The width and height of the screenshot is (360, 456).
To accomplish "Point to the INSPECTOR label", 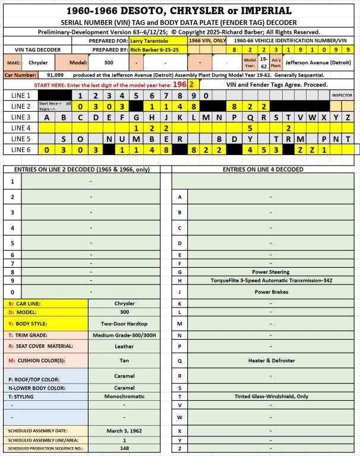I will (342, 95).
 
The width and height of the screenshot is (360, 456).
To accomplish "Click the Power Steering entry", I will (270, 271).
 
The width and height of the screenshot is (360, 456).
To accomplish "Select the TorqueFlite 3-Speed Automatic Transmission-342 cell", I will (270, 280).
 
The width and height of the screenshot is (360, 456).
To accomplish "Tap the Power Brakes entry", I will (270, 292).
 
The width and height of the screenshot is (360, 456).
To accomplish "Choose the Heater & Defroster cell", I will (270, 360).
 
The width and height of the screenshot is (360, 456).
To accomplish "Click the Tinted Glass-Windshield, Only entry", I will (270, 395).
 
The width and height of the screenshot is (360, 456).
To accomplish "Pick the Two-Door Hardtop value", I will (124, 324).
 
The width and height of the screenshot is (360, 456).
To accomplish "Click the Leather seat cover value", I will (124, 346).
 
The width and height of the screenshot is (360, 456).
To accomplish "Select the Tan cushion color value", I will (124, 360).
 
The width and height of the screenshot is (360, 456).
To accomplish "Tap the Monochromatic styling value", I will (124, 395).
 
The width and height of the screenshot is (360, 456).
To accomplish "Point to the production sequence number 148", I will (124, 448).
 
